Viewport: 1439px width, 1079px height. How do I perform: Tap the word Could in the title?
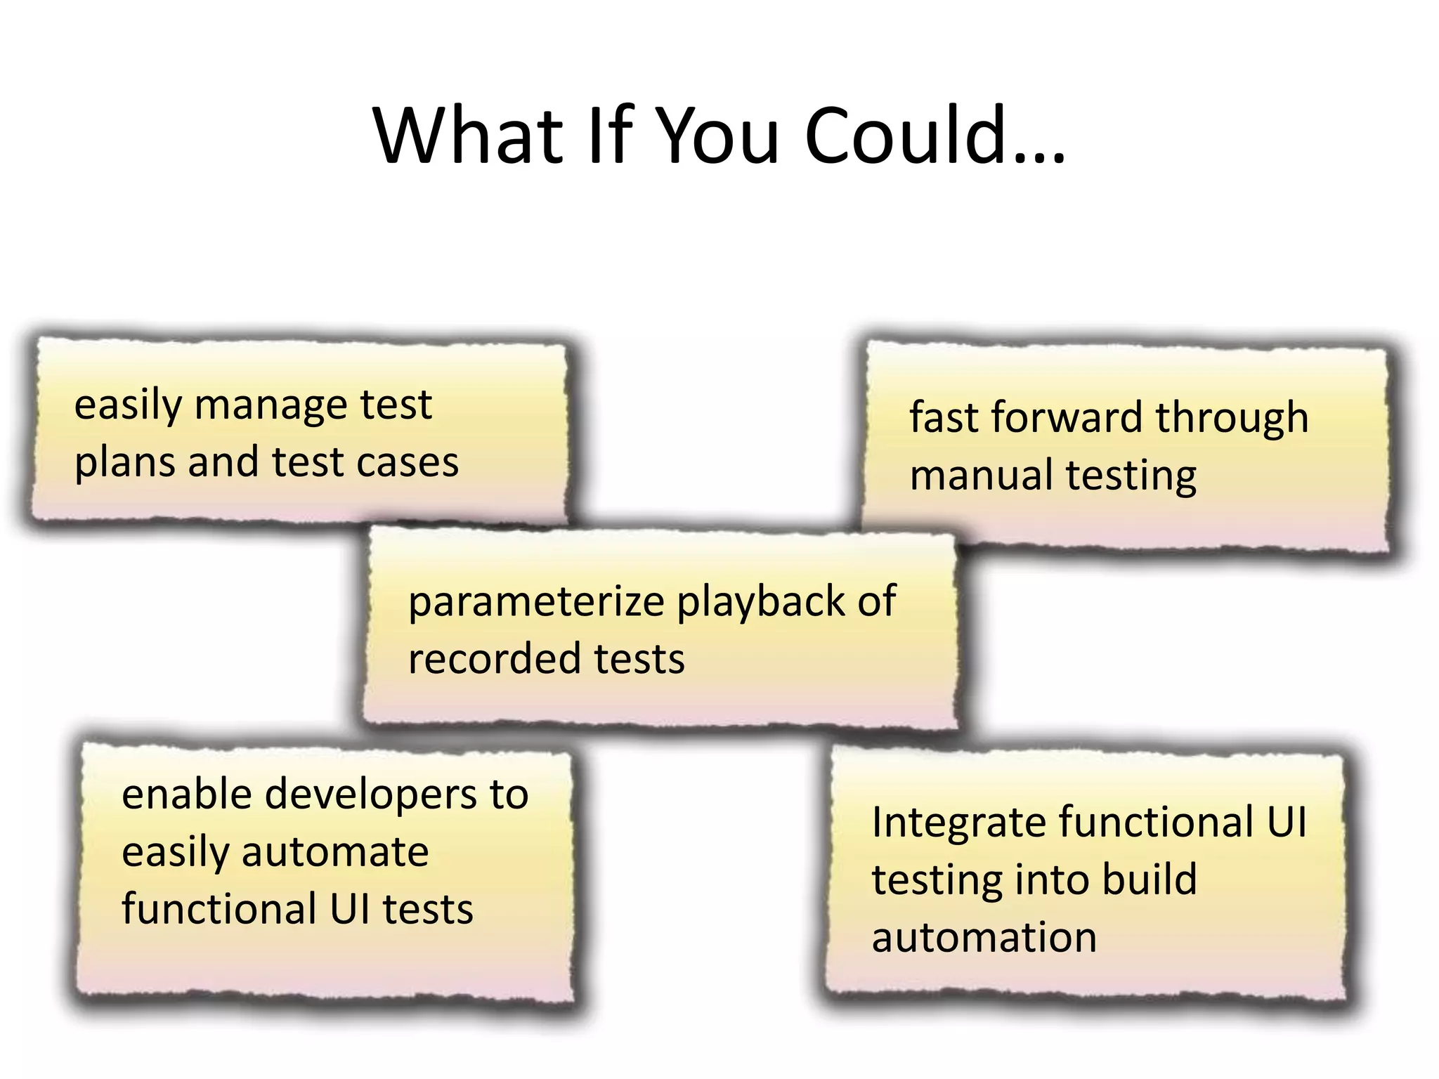(906, 135)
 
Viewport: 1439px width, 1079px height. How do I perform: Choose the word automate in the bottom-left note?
(335, 853)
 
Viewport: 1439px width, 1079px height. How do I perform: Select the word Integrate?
(958, 823)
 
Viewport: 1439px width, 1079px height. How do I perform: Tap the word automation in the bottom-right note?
(984, 938)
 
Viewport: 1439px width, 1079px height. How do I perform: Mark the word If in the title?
(610, 135)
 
